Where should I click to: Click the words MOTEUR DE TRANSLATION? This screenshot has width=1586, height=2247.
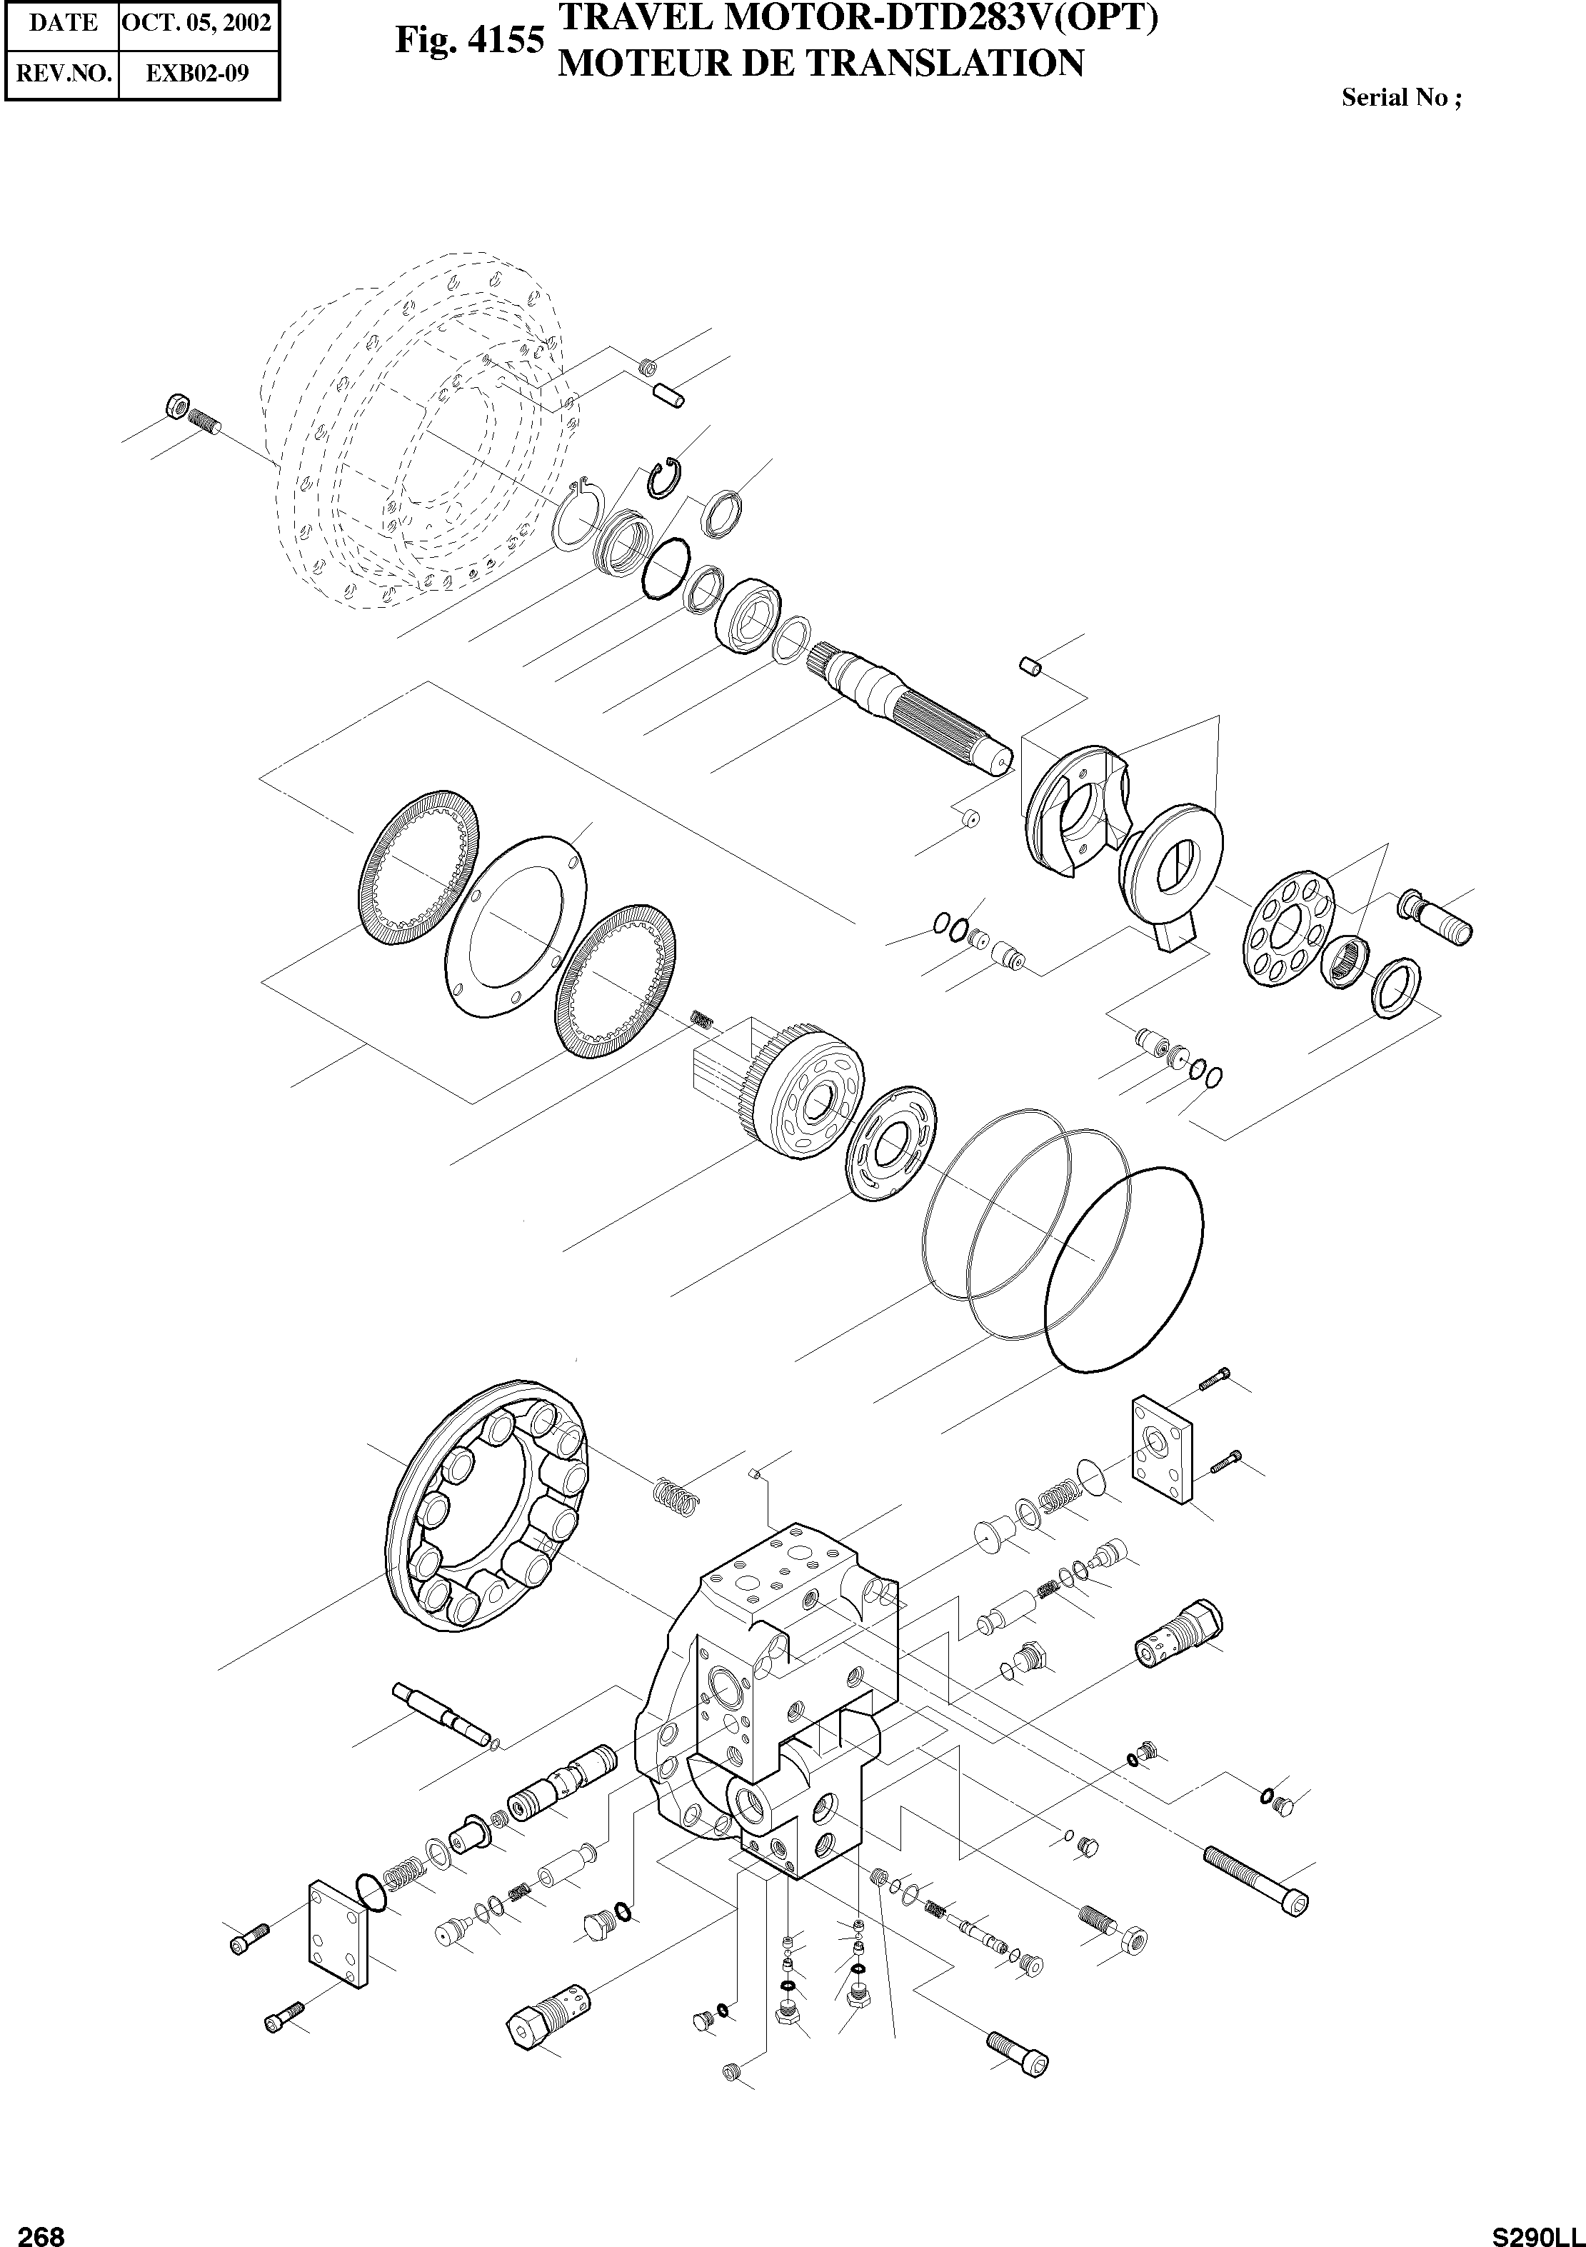820,64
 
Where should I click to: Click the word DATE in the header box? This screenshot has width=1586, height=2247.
63,23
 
